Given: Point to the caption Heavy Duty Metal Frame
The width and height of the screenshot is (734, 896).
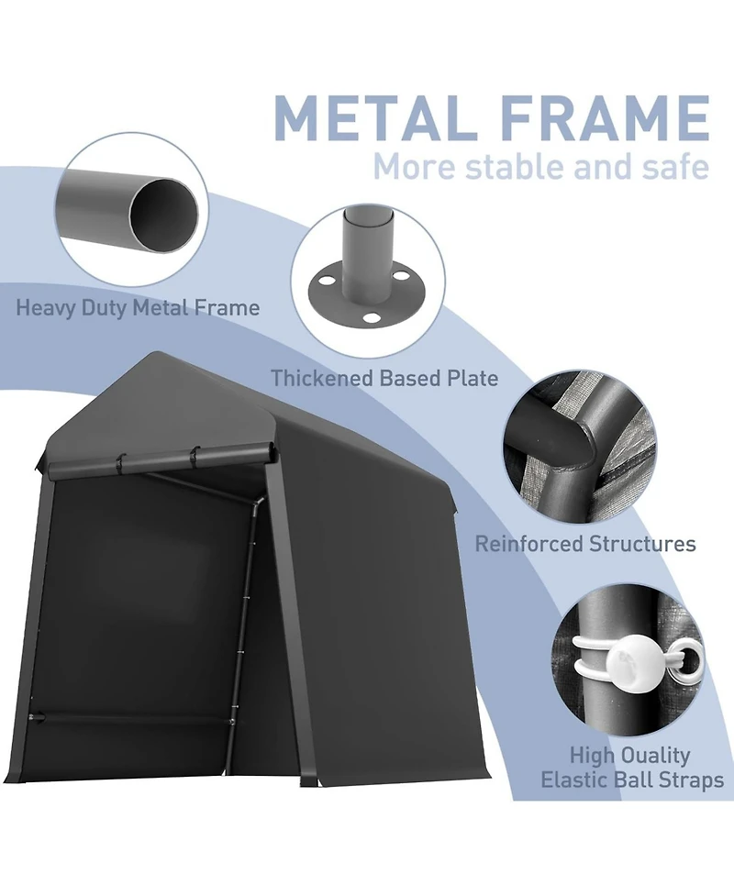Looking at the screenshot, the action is coord(138,307).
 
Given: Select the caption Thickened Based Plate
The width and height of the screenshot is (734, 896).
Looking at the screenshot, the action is coord(384,378).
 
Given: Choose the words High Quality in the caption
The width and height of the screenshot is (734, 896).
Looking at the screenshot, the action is coord(629,756).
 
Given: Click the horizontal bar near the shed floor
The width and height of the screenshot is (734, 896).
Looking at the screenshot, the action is coord(131,719).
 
